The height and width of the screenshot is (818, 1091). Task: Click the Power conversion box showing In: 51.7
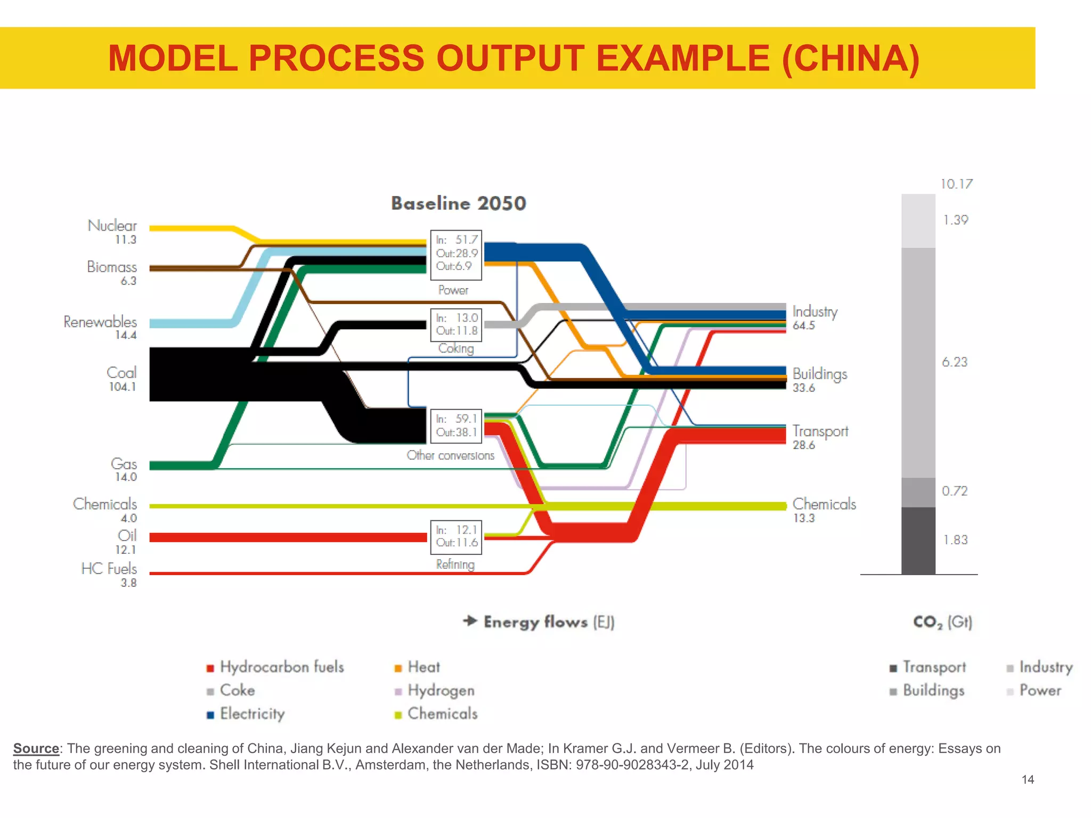pos(456,255)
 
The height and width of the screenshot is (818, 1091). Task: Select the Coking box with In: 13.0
pos(456,324)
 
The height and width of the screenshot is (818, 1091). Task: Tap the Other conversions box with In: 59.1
pos(456,426)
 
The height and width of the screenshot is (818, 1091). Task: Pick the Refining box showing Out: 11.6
pos(456,537)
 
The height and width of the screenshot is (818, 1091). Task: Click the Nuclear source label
pos(112,226)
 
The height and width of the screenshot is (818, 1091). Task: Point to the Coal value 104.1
pos(123,387)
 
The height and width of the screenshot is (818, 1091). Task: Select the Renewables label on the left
pos(100,322)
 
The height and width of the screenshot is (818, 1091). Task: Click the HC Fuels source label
pos(109,569)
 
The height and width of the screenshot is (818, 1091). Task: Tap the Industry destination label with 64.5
pos(815,317)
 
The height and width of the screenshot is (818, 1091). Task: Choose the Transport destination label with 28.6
pos(820,437)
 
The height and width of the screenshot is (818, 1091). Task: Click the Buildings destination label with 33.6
pos(819,380)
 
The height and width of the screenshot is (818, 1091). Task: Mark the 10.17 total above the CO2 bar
pos(956,184)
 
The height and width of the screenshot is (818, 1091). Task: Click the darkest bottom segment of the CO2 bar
pos(918,541)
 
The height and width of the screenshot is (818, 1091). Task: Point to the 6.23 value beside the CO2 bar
pos(954,362)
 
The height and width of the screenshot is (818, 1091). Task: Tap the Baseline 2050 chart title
pos(458,203)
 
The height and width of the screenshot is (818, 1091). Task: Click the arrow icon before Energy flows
pos(470,621)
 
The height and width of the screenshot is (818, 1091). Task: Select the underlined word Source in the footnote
pos(36,748)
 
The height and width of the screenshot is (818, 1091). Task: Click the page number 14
pos(1028,780)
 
